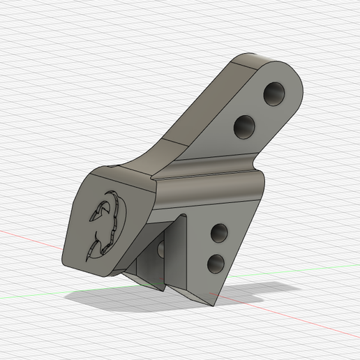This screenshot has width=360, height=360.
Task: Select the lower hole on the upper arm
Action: pyautogui.click(x=244, y=127)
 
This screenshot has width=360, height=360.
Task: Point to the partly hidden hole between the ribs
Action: pyautogui.click(x=162, y=249)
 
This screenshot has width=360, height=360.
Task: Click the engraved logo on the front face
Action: pyautogui.click(x=105, y=223)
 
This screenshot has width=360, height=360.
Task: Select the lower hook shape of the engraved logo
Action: pyautogui.click(x=103, y=241)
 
